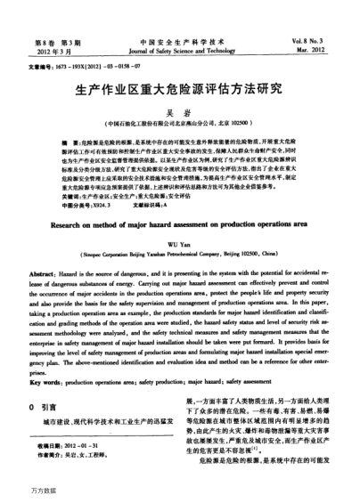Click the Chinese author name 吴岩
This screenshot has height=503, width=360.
click(180, 111)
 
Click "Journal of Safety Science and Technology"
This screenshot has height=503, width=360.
click(179, 51)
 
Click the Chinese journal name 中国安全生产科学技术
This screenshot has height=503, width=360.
click(179, 42)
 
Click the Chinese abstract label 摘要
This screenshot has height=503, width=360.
click(64, 142)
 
